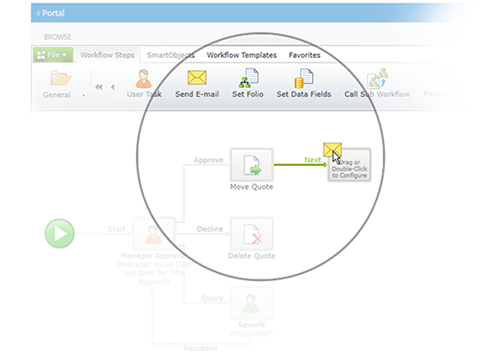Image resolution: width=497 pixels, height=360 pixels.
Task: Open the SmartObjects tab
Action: point(171,55)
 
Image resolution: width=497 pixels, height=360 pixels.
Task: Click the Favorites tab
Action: point(304,55)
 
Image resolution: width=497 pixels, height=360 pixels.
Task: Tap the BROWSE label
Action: point(59,36)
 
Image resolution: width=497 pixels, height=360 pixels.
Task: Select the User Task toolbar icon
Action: point(143,78)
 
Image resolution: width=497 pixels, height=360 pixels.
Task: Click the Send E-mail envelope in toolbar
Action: point(197,78)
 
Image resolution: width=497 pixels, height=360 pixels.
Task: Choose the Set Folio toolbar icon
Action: point(248,78)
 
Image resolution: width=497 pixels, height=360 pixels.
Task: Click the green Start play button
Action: point(60,234)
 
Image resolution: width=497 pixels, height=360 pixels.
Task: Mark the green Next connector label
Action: point(313,159)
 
